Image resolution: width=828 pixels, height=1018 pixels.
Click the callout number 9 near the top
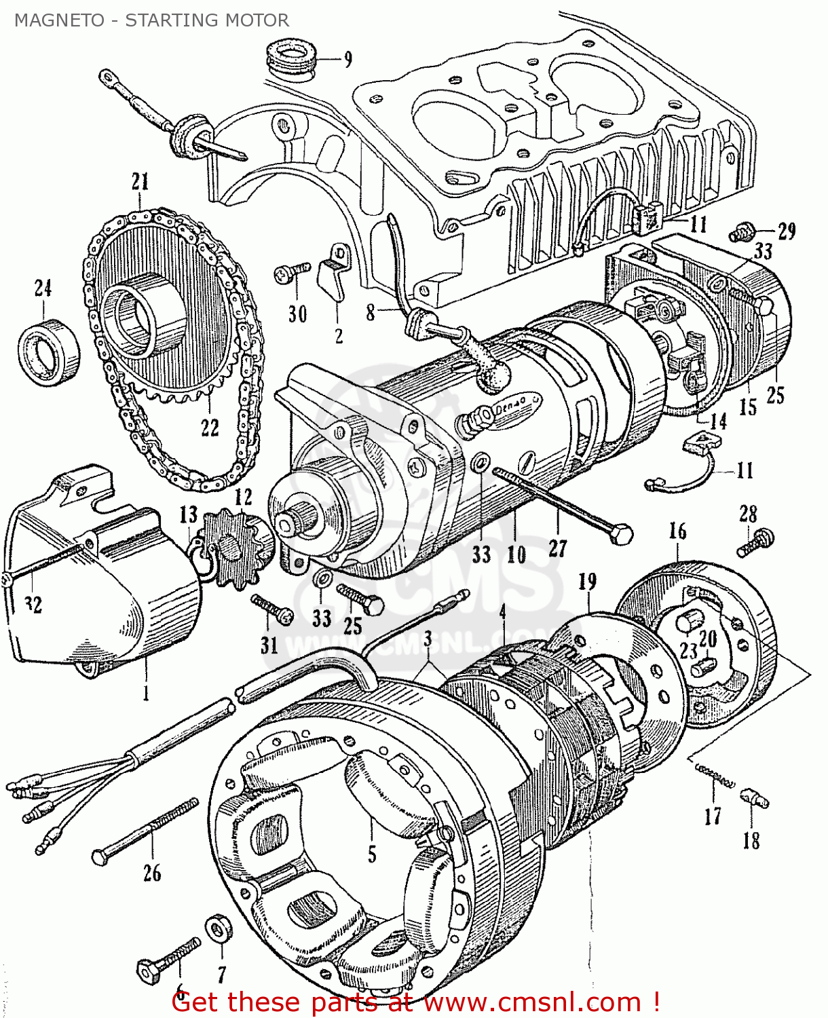[x=347, y=60]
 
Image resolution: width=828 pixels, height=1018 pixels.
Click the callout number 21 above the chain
[x=140, y=182]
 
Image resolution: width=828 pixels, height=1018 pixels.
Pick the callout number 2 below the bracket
[x=339, y=336]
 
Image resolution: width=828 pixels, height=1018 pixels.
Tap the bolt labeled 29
[x=743, y=233]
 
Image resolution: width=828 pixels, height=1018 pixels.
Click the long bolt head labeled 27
[x=620, y=535]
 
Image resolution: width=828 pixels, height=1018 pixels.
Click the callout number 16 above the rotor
[x=677, y=531]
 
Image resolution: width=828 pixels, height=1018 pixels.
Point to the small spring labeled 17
[x=714, y=776]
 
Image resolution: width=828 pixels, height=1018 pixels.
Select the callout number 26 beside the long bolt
[x=152, y=873]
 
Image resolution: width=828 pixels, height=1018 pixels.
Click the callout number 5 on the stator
[x=372, y=853]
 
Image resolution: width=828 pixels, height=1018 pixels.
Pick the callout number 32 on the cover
[x=33, y=604]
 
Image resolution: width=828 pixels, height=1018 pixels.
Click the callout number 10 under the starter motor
[x=516, y=555]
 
